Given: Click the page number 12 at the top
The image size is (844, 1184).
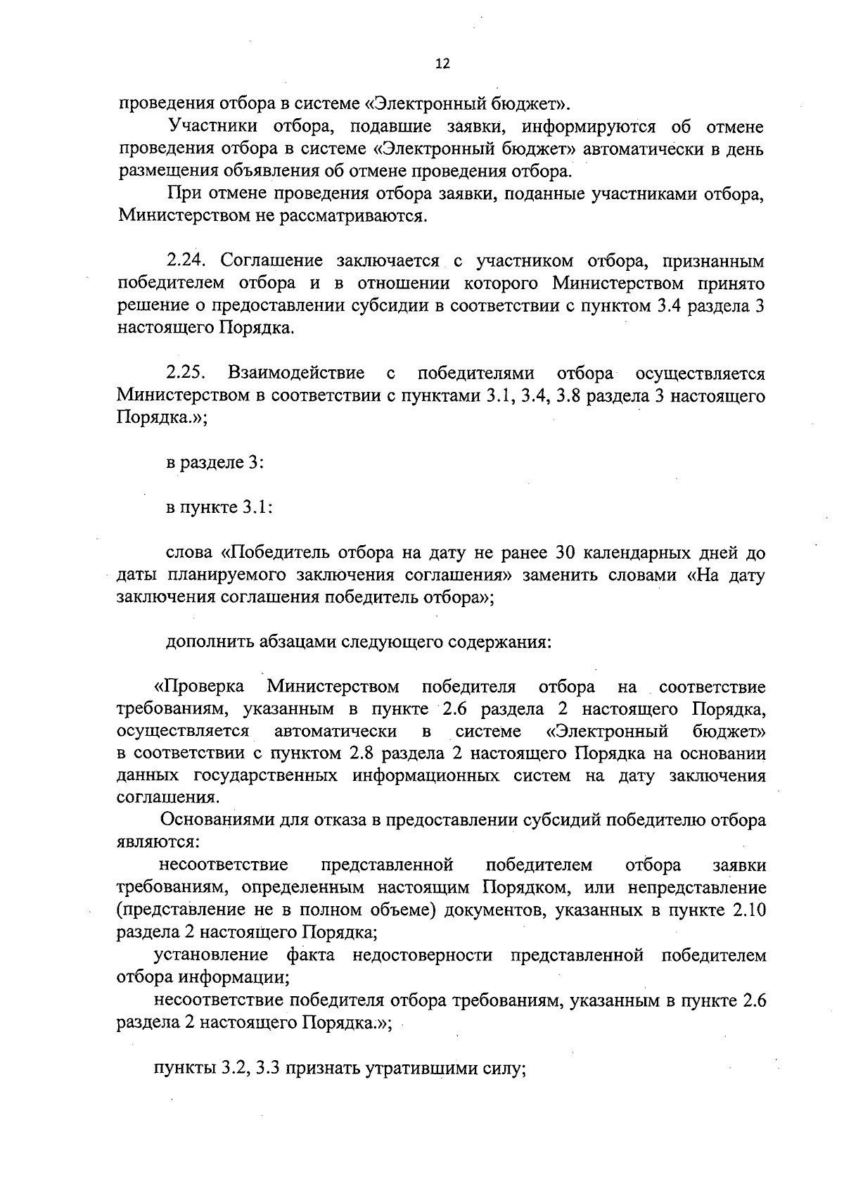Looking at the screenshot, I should click(442, 64).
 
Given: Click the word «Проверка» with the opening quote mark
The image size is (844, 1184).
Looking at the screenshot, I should click(199, 687).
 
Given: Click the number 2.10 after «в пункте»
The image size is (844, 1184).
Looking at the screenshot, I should click(748, 910).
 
